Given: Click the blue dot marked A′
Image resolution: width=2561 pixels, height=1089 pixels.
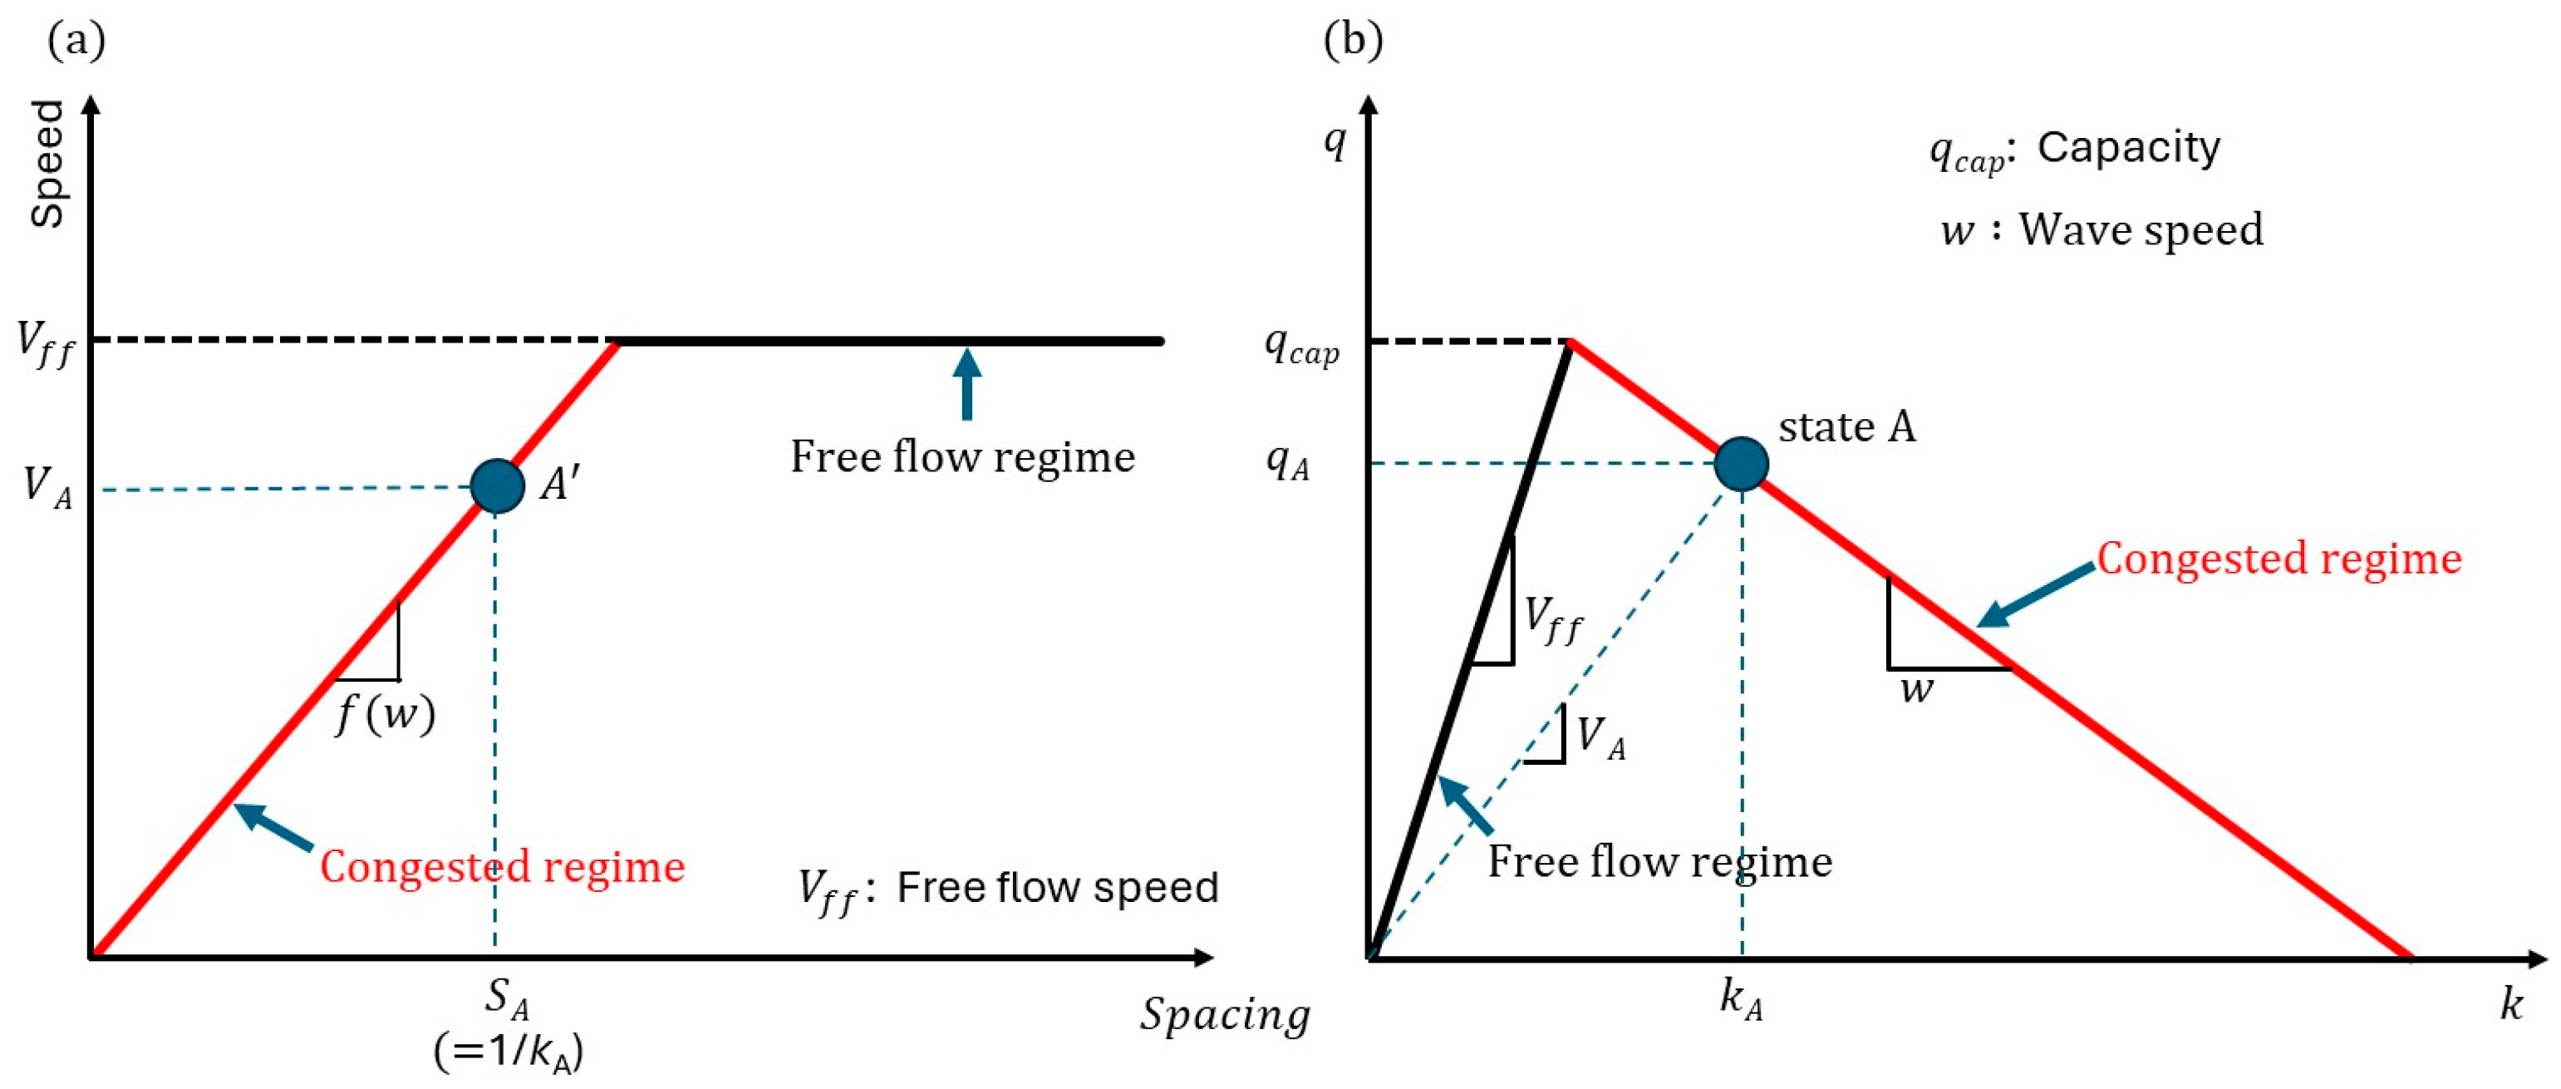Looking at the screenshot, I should (x=497, y=485).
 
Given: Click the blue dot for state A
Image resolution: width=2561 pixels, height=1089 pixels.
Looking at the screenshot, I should (x=1741, y=463).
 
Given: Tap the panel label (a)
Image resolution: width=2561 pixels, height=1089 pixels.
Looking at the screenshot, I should (x=76, y=40).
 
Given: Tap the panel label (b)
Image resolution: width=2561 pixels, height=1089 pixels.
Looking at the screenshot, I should (x=1353, y=40).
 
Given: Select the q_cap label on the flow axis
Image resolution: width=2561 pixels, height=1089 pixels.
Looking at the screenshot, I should (x=1301, y=346).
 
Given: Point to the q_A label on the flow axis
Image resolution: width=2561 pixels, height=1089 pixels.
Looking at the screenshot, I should (x=1287, y=461).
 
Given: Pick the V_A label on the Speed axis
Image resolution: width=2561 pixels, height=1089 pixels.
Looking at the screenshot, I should (x=47, y=486).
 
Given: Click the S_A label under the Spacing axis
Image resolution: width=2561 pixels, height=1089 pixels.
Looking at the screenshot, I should (x=506, y=998).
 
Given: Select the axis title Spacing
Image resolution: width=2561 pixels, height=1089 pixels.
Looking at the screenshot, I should (x=1225, y=1014).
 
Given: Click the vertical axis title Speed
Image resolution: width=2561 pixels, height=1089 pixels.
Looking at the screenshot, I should (x=47, y=164).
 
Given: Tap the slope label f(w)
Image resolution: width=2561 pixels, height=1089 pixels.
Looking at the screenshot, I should (x=386, y=713).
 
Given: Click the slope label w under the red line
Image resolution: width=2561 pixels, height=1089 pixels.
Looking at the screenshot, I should (x=1917, y=689).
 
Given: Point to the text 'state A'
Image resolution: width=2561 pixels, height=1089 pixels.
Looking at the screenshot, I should (x=1846, y=426).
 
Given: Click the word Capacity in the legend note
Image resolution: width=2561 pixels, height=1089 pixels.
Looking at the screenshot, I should (x=2129, y=147).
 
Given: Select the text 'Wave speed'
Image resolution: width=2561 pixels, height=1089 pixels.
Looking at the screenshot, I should (x=2141, y=229).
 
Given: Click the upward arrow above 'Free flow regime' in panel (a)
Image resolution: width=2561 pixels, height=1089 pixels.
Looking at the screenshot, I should (x=966, y=383).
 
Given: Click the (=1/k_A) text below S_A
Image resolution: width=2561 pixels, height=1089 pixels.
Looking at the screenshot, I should (x=508, y=1052).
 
